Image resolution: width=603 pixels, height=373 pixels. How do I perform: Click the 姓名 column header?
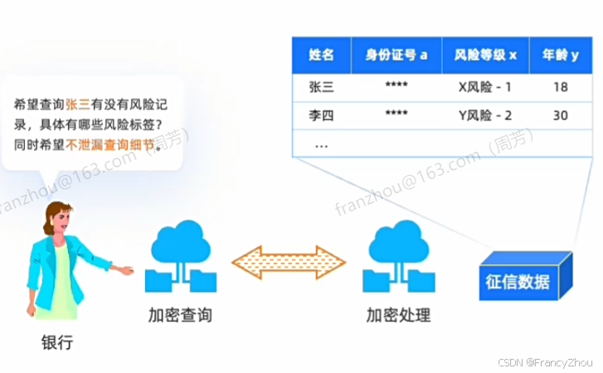(x=321, y=56)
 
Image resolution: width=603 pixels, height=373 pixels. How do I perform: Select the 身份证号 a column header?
(x=396, y=56)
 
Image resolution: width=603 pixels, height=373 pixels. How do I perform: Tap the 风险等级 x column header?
(x=485, y=56)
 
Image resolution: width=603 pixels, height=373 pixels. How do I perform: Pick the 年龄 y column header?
(x=560, y=56)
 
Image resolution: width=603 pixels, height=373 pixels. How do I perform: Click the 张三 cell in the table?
(x=321, y=86)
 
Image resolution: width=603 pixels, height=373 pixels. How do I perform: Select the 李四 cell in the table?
(x=321, y=115)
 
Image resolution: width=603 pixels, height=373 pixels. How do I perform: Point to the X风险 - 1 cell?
(x=485, y=86)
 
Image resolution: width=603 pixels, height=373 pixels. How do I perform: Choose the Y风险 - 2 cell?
(x=485, y=115)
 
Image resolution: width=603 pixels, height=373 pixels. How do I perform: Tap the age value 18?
(x=560, y=86)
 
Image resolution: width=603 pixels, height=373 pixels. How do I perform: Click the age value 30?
(x=560, y=115)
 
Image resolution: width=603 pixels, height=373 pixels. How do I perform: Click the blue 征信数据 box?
(x=522, y=279)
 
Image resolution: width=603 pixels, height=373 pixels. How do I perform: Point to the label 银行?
(x=57, y=342)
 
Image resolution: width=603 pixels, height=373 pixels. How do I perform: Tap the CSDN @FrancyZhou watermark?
(x=553, y=362)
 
